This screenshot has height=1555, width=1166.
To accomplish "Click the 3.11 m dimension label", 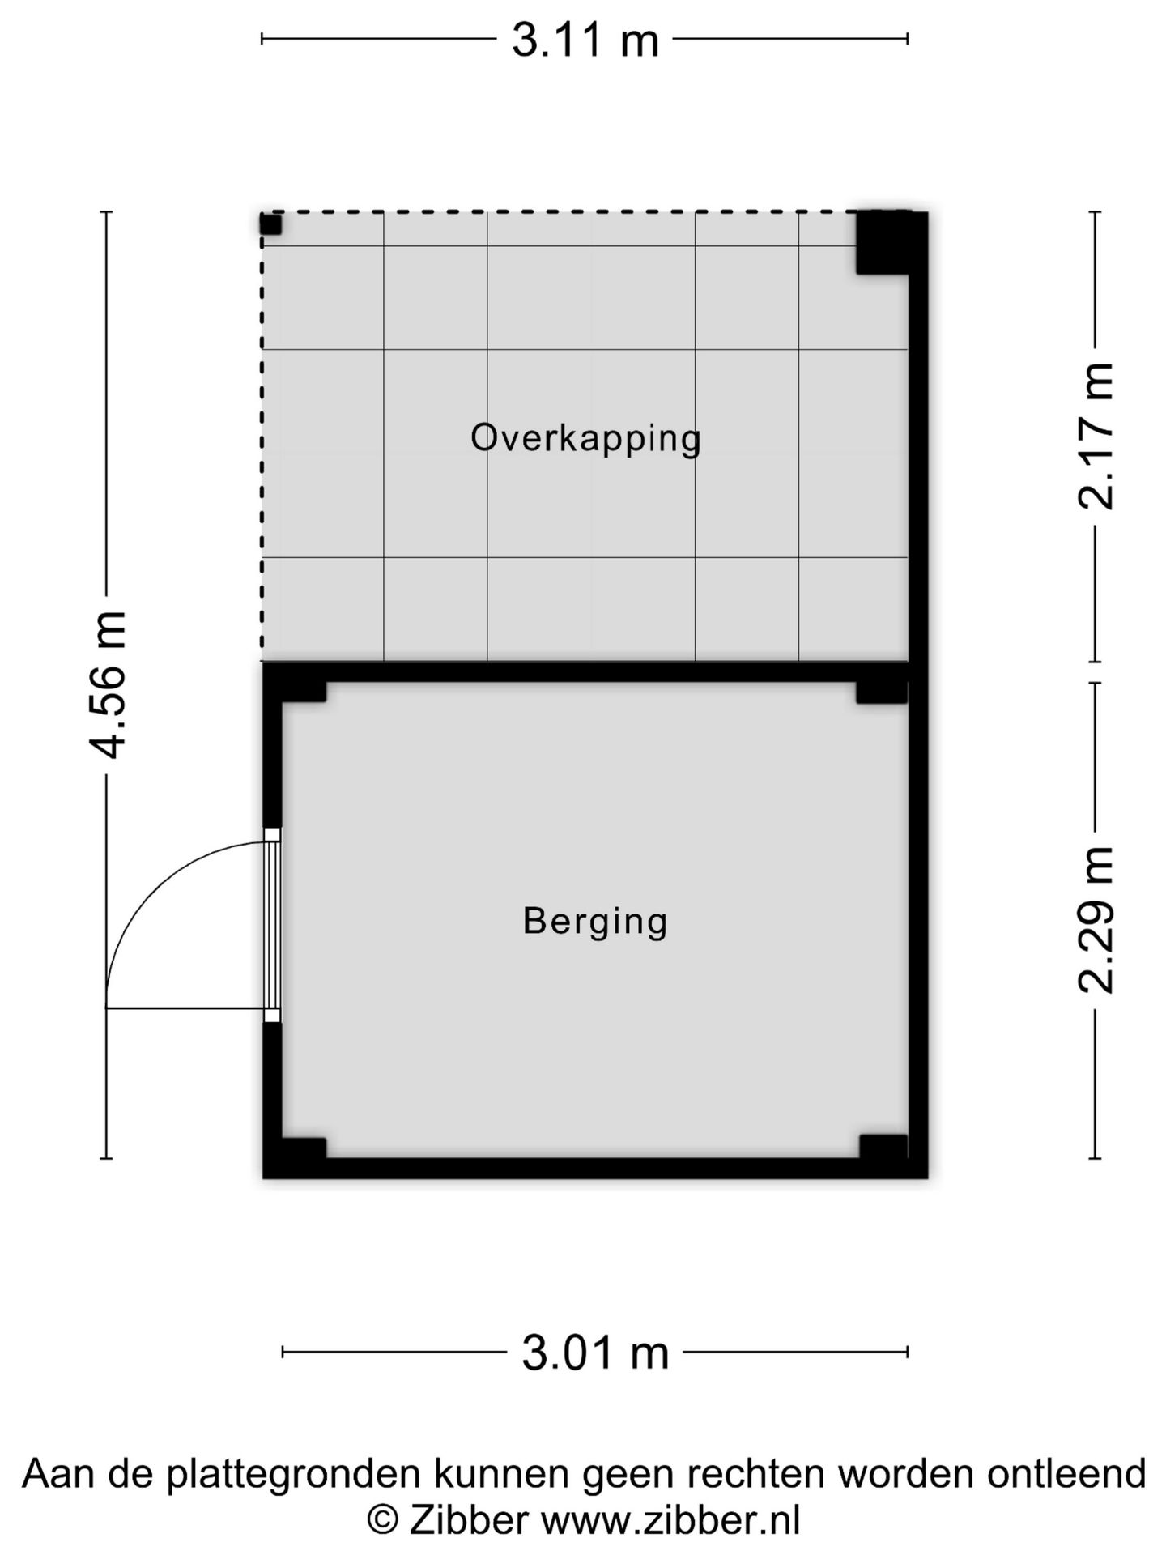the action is (x=585, y=40).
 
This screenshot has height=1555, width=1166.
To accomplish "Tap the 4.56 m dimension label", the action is (x=108, y=684).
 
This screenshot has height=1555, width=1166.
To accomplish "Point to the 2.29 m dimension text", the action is (x=1096, y=919).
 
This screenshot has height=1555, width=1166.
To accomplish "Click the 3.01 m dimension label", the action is (x=595, y=1353).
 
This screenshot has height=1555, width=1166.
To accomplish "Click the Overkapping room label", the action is (x=585, y=439).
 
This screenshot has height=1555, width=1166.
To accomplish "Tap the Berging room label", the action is (x=595, y=922).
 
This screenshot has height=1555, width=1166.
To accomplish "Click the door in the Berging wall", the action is (x=272, y=925).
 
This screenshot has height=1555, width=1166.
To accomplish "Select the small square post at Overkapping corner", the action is (x=270, y=224).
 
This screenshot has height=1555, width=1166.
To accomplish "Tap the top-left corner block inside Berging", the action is (x=304, y=692).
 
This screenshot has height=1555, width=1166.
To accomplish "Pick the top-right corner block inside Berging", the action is (x=882, y=692).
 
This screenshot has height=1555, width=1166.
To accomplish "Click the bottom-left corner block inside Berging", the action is (x=304, y=1148).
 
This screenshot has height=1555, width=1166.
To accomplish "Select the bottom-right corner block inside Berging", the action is (x=883, y=1147).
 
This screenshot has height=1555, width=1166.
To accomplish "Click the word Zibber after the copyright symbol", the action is (x=469, y=1520).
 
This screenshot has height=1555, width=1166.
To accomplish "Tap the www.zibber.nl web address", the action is (x=670, y=1520).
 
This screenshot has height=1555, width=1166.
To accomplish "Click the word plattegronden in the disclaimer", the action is (x=293, y=1475).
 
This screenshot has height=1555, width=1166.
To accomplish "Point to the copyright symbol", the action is (x=382, y=1520).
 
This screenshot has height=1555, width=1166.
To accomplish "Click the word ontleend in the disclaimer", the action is (x=1066, y=1473).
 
